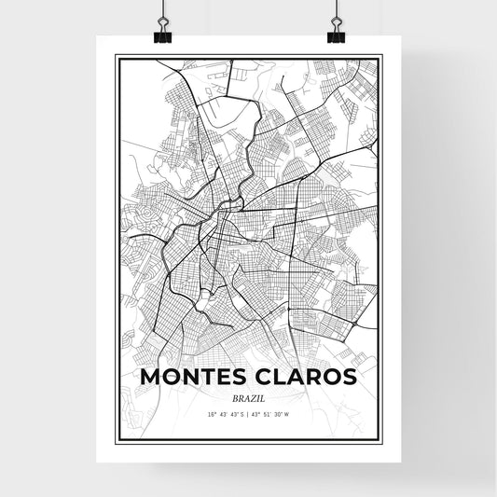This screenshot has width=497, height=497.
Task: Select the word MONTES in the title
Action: (191, 377)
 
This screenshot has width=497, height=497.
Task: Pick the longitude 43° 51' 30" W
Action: (275, 413)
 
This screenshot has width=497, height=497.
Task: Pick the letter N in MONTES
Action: (190, 377)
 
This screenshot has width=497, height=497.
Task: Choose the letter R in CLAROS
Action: (309, 377)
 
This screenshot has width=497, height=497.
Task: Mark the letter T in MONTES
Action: (207, 377)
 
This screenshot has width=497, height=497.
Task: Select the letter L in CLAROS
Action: (276, 377)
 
